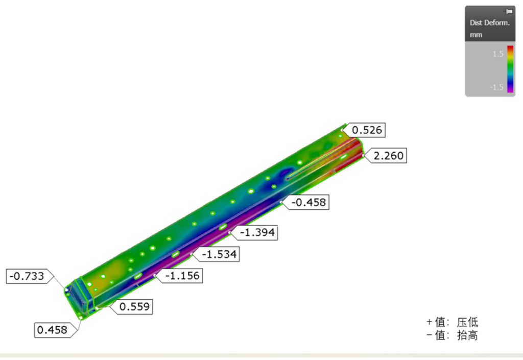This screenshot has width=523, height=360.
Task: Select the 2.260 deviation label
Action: pyautogui.click(x=388, y=156)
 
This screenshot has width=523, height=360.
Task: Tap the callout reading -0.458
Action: pyautogui.click(x=308, y=202)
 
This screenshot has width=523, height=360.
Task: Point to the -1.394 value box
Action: pyautogui.click(x=257, y=232)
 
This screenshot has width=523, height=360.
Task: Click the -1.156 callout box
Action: pyautogui.click(x=182, y=276)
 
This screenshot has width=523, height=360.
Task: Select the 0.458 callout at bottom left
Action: pyautogui.click(x=52, y=329)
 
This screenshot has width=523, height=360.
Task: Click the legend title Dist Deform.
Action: pyautogui.click(x=487, y=23)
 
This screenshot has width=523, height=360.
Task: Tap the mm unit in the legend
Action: pyautogui.click(x=476, y=35)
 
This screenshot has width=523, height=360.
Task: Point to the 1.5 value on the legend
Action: pyautogui.click(x=498, y=54)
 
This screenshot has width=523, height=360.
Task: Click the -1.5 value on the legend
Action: pyautogui.click(x=497, y=87)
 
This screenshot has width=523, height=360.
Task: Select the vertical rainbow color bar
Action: pyautogui.click(x=510, y=69)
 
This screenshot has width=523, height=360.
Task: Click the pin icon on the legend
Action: pyautogui.click(x=509, y=11)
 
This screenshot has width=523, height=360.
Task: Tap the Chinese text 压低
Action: pyautogui.click(x=467, y=322)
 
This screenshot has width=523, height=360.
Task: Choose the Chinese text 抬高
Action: pyautogui.click(x=467, y=335)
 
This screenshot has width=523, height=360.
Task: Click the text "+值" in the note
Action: pyautogui.click(x=436, y=322)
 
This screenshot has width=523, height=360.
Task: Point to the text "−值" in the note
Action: pyautogui.click(x=436, y=335)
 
